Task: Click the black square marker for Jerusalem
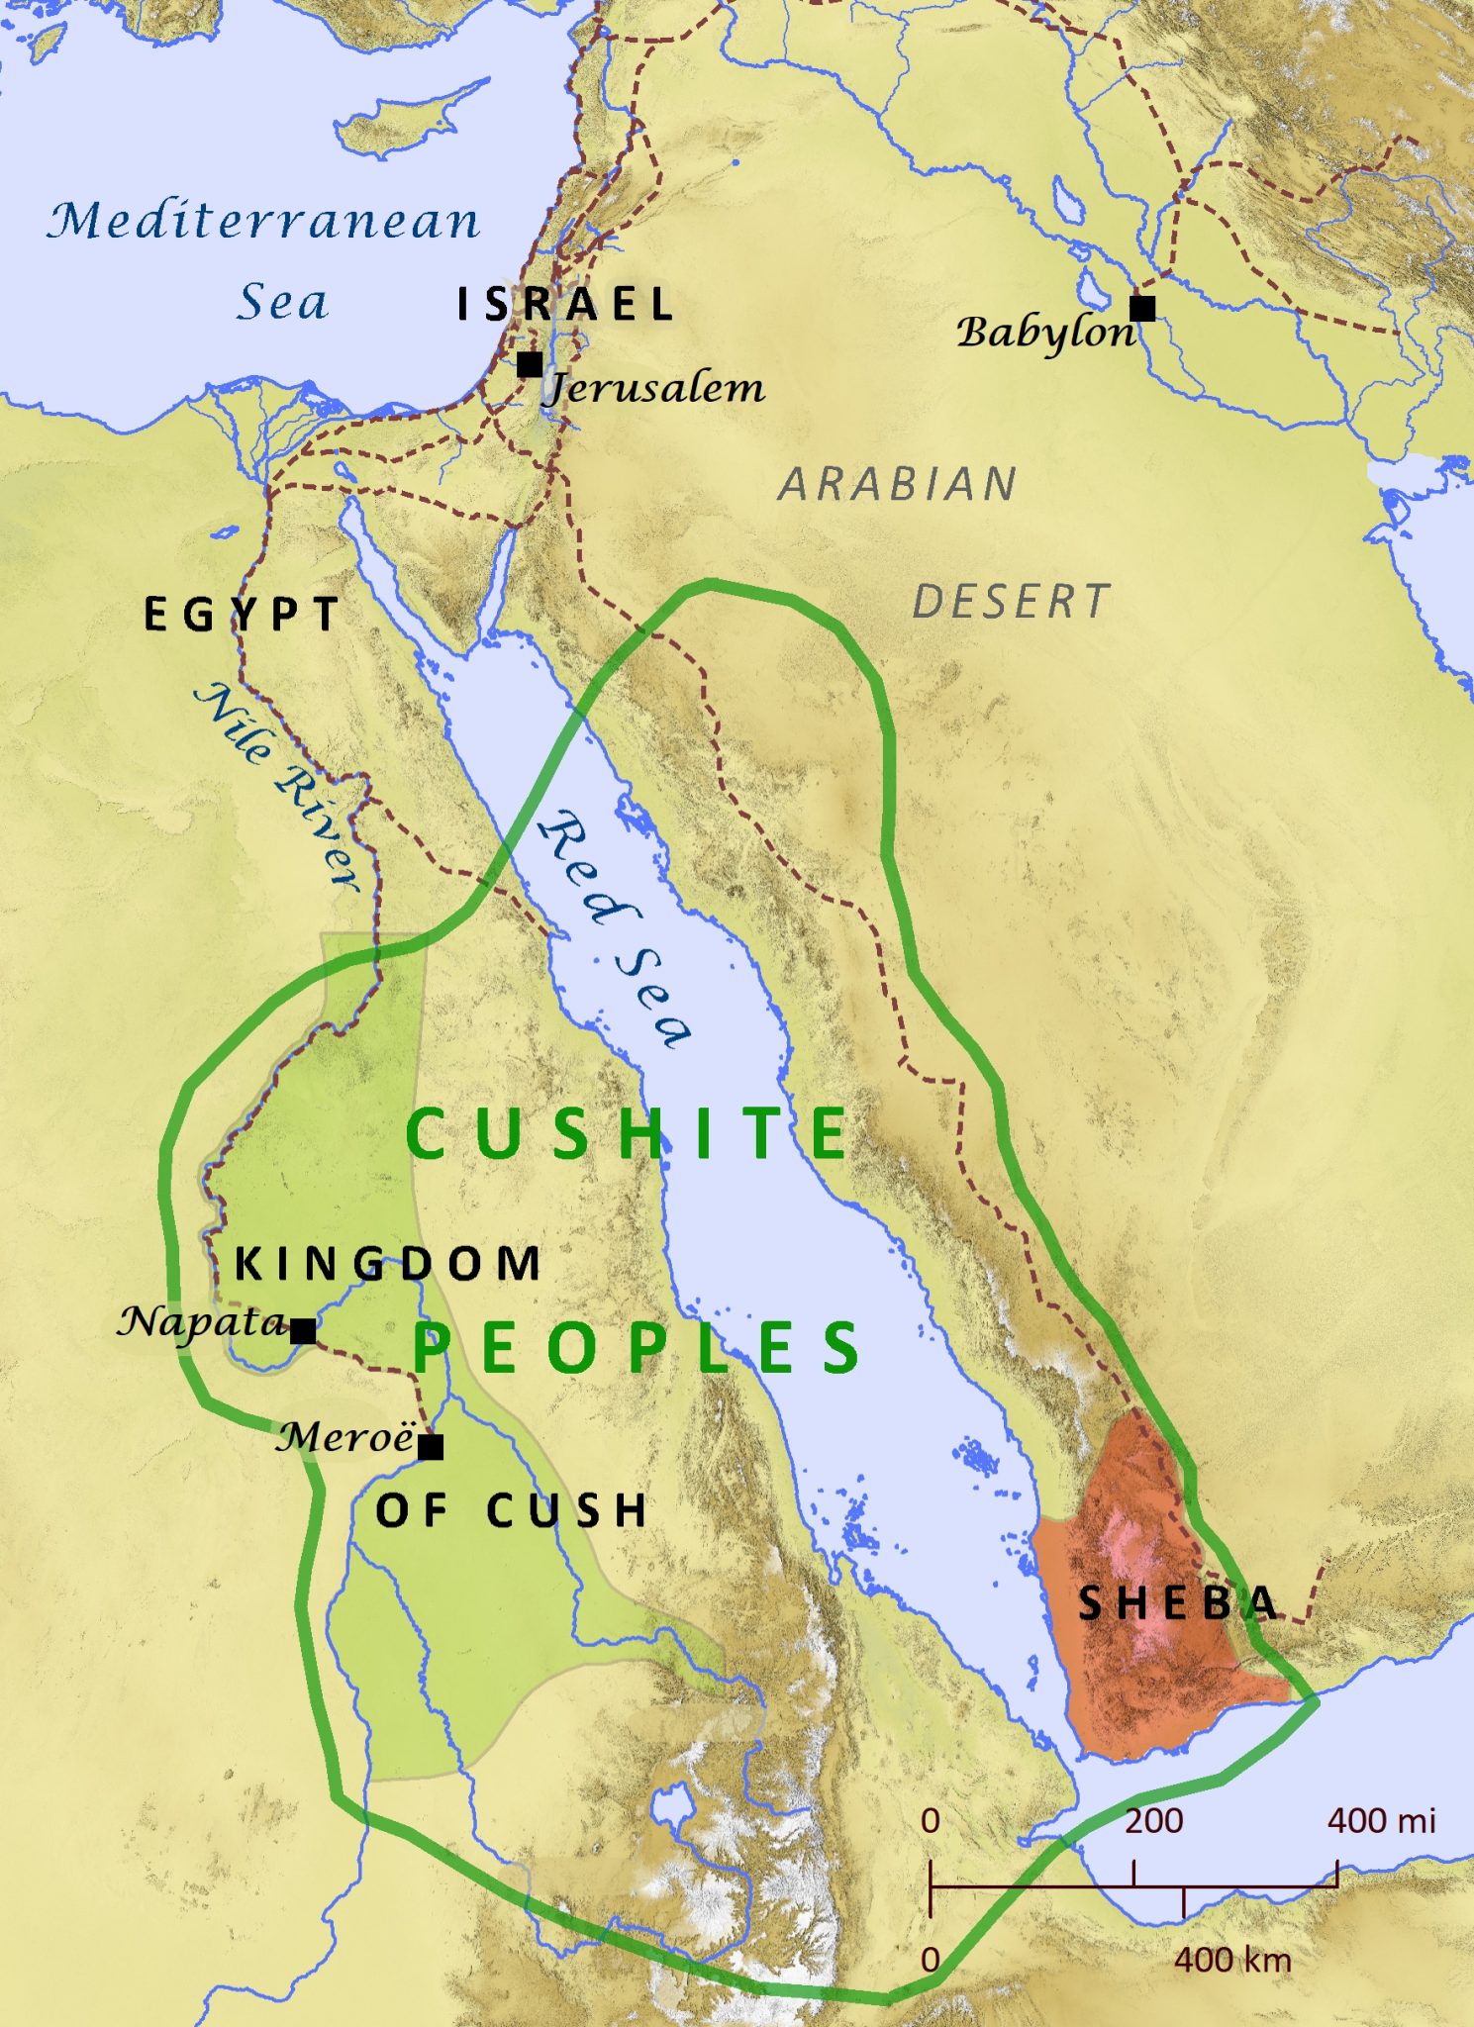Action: click(530, 364)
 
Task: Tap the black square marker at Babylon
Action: click(1142, 308)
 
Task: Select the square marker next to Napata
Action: click(304, 1331)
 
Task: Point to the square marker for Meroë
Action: click(431, 1447)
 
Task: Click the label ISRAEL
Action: click(565, 305)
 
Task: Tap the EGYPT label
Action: click(243, 616)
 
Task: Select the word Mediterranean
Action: click(264, 220)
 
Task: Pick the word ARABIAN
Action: click(897, 485)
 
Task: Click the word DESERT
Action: click(1011, 602)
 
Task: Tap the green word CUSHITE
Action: click(627, 1134)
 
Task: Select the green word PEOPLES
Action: click(636, 1348)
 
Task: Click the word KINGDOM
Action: click(387, 1265)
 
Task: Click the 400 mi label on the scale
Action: click(1381, 1820)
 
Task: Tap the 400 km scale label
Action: click(1232, 1960)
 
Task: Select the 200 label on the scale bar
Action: click(1153, 1820)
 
